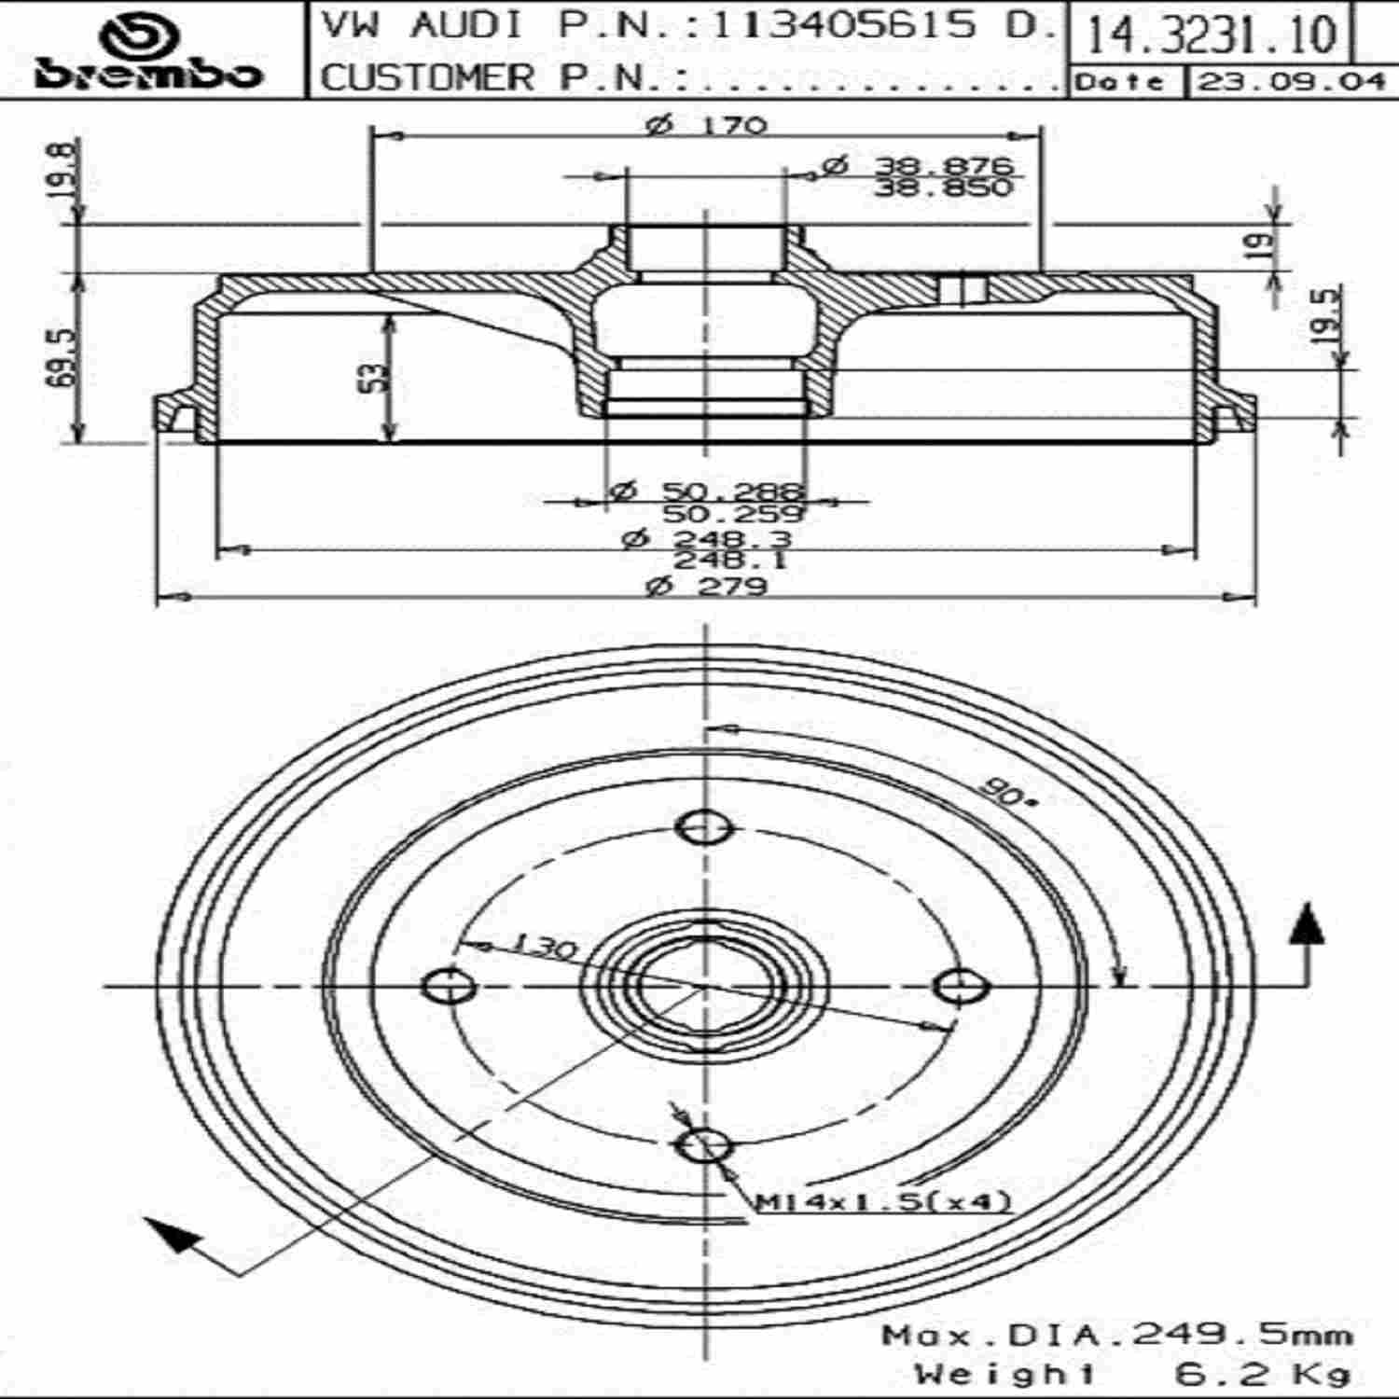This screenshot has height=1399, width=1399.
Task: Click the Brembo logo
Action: point(149,50)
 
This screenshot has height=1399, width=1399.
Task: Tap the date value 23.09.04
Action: point(1291,82)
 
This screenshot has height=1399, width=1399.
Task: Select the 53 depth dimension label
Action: point(378,378)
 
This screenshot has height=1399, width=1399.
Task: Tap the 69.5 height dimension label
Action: point(66,358)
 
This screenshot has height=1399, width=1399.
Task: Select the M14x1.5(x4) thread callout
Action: point(882,1202)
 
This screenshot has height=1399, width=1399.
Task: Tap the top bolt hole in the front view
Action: point(704,826)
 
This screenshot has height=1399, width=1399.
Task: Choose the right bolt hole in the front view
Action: point(961,986)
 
